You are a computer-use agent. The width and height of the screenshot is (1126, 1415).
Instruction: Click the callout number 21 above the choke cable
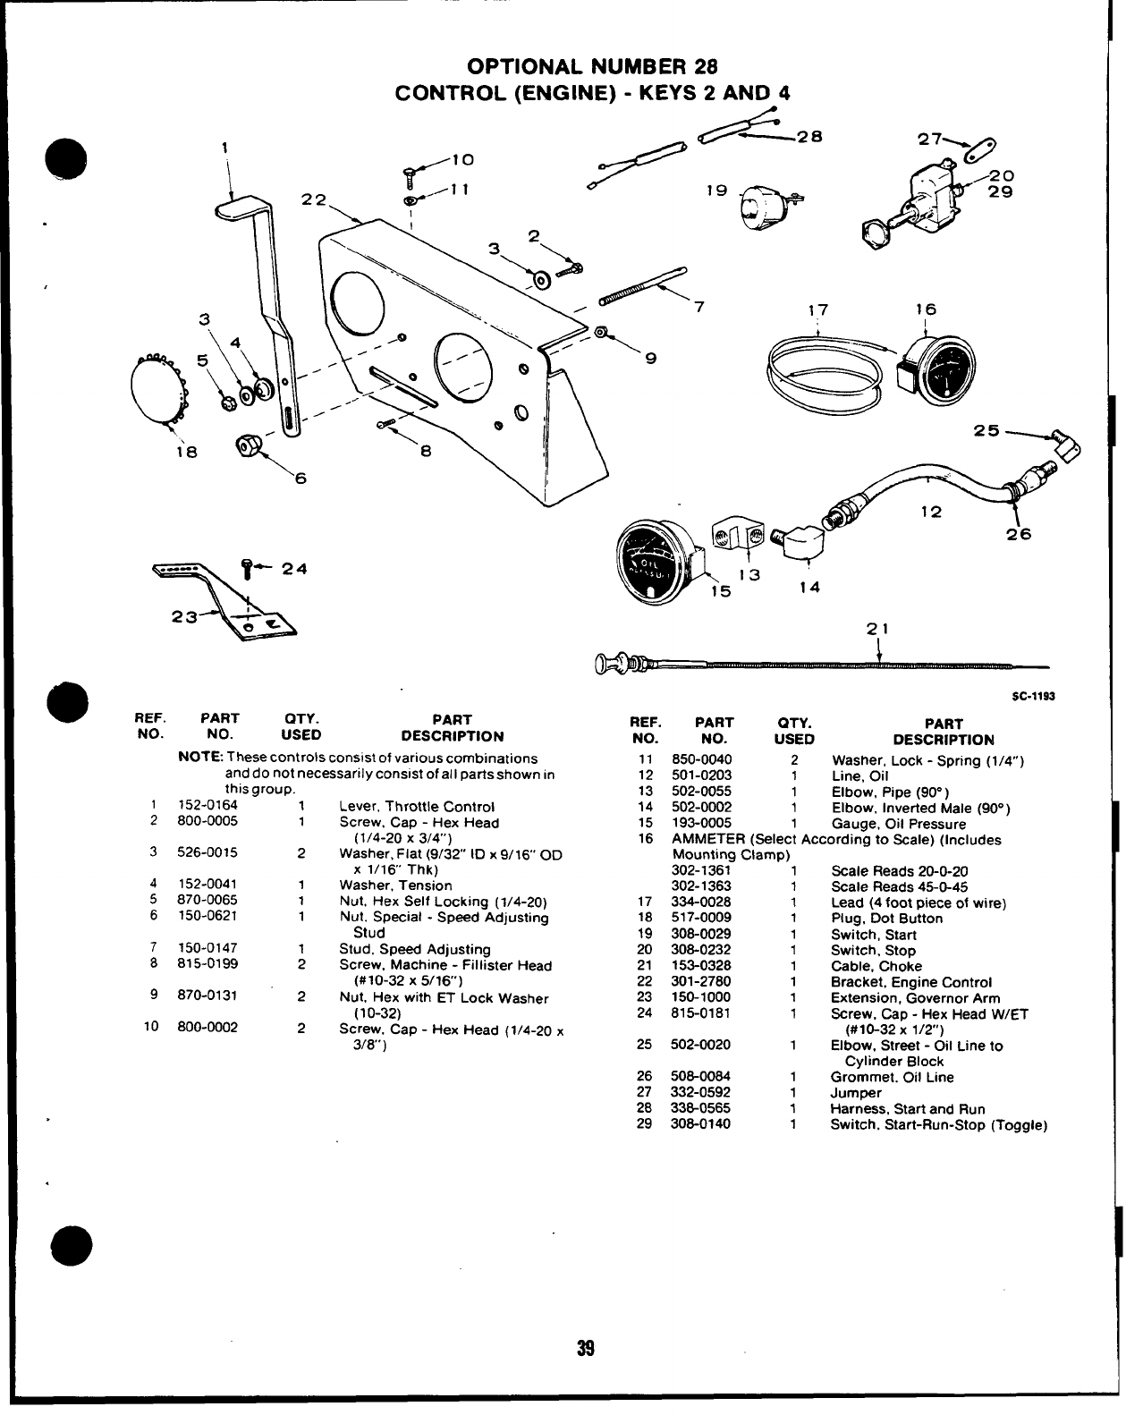[x=878, y=629]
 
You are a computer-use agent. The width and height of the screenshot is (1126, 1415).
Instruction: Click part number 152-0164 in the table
[x=207, y=806]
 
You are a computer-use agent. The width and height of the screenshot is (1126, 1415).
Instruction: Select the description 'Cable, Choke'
[x=876, y=966]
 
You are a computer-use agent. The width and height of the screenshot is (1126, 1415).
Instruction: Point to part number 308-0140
[x=700, y=1124]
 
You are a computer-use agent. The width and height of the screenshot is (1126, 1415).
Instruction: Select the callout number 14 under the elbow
[x=809, y=588]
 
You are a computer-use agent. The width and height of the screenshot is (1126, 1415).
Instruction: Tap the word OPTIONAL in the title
[x=521, y=67]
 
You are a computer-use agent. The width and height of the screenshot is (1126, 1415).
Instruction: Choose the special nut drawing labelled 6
[x=248, y=445]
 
